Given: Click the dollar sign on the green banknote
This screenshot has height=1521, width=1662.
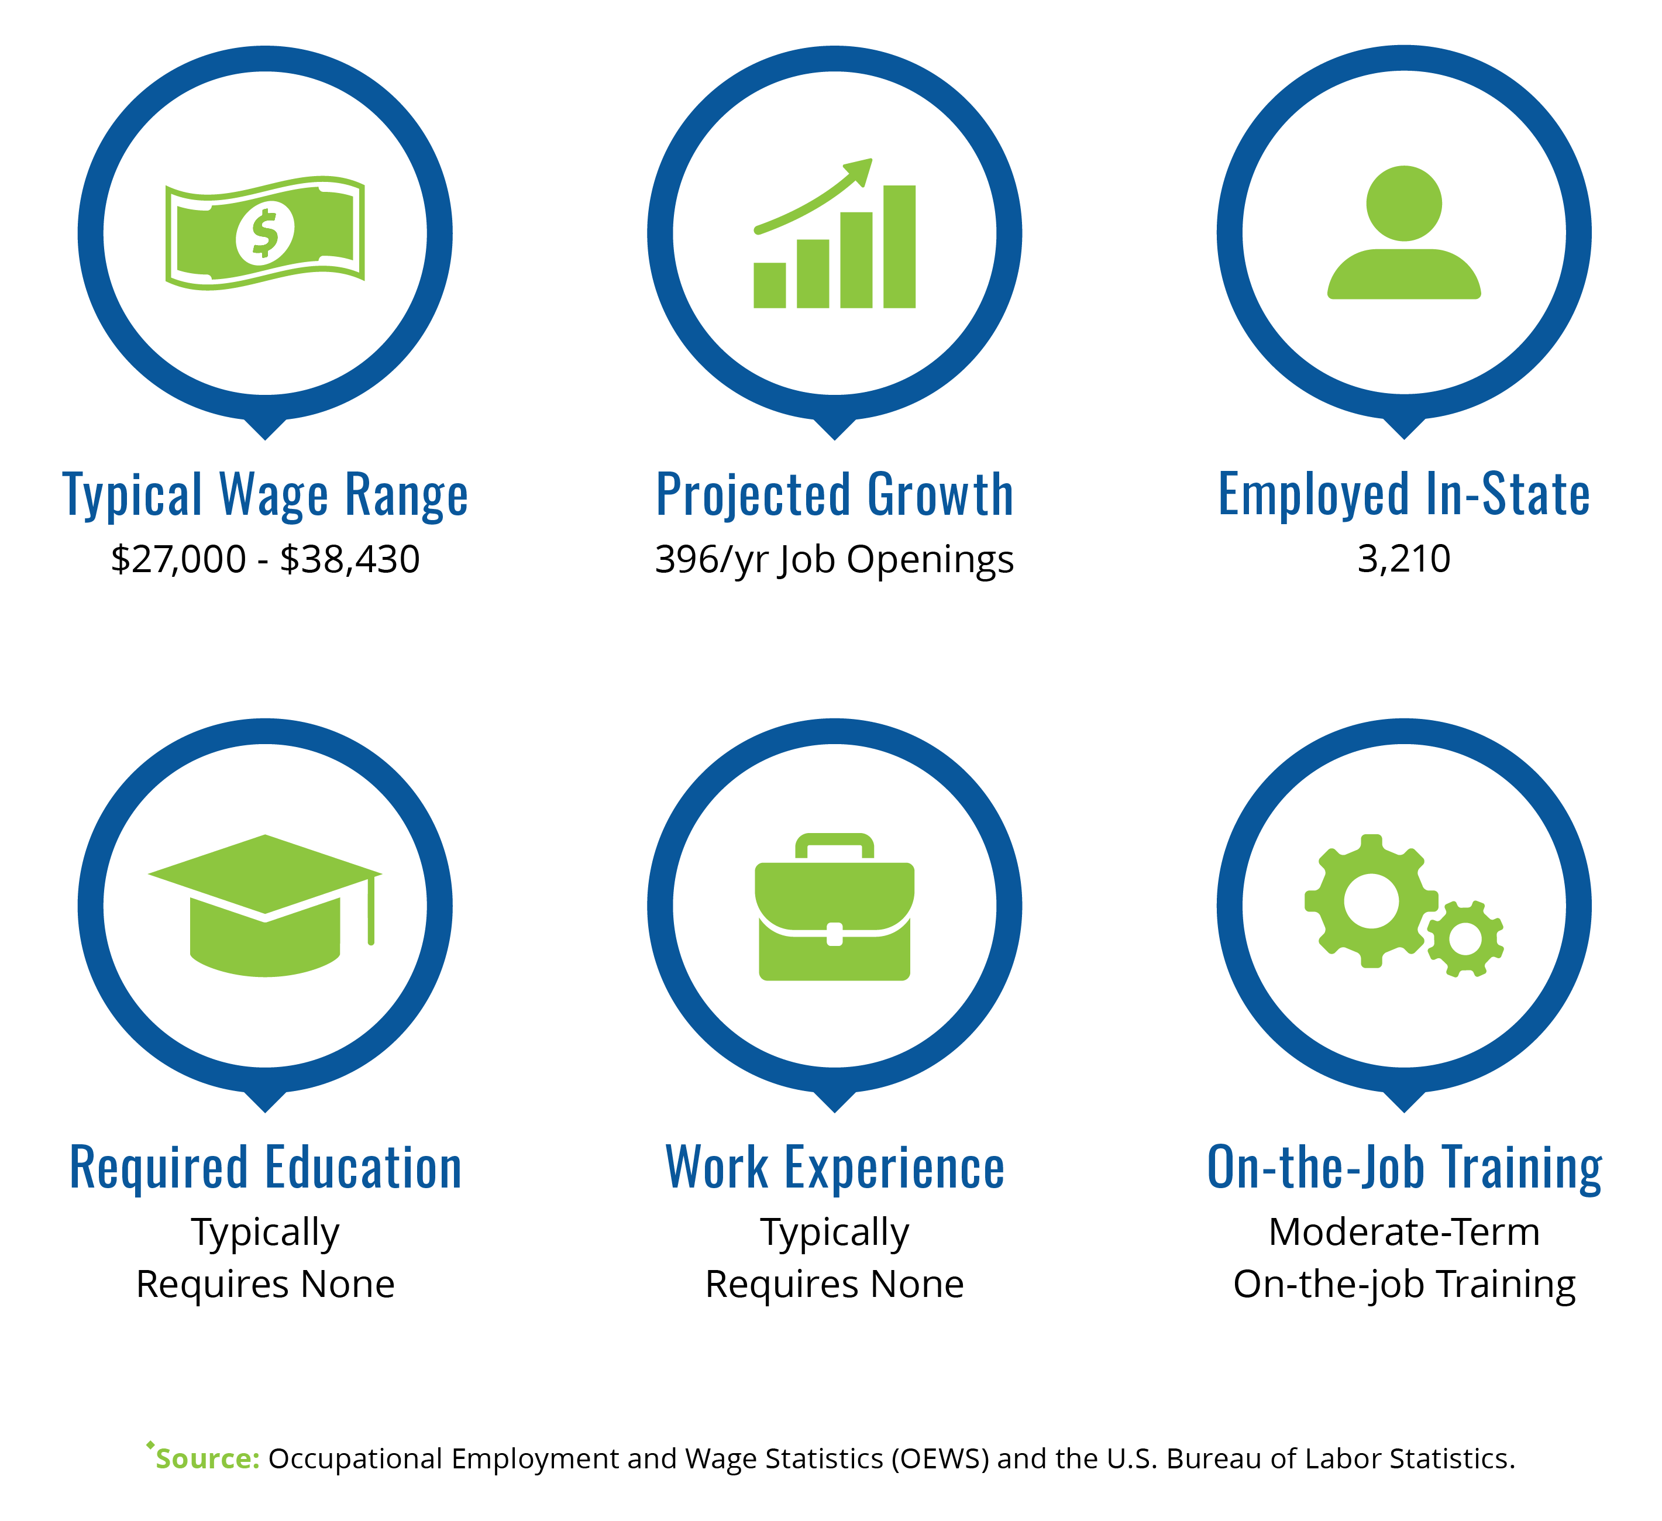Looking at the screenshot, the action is (264, 233).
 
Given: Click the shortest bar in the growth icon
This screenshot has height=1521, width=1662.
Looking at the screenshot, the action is (769, 285).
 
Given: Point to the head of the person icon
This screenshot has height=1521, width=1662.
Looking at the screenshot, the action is (1404, 204).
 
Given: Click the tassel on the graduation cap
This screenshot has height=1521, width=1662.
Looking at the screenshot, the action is (371, 909).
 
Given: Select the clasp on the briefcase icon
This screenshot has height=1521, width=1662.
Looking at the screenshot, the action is (834, 934).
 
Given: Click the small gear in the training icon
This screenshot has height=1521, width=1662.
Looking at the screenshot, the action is (1465, 939).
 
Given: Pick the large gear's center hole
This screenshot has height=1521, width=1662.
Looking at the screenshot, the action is (1371, 901).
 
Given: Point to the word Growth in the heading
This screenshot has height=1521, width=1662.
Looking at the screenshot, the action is (941, 495).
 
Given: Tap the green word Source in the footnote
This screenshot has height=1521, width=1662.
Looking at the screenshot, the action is (208, 1458).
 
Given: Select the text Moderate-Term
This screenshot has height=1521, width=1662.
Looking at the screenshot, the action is (1404, 1233).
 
